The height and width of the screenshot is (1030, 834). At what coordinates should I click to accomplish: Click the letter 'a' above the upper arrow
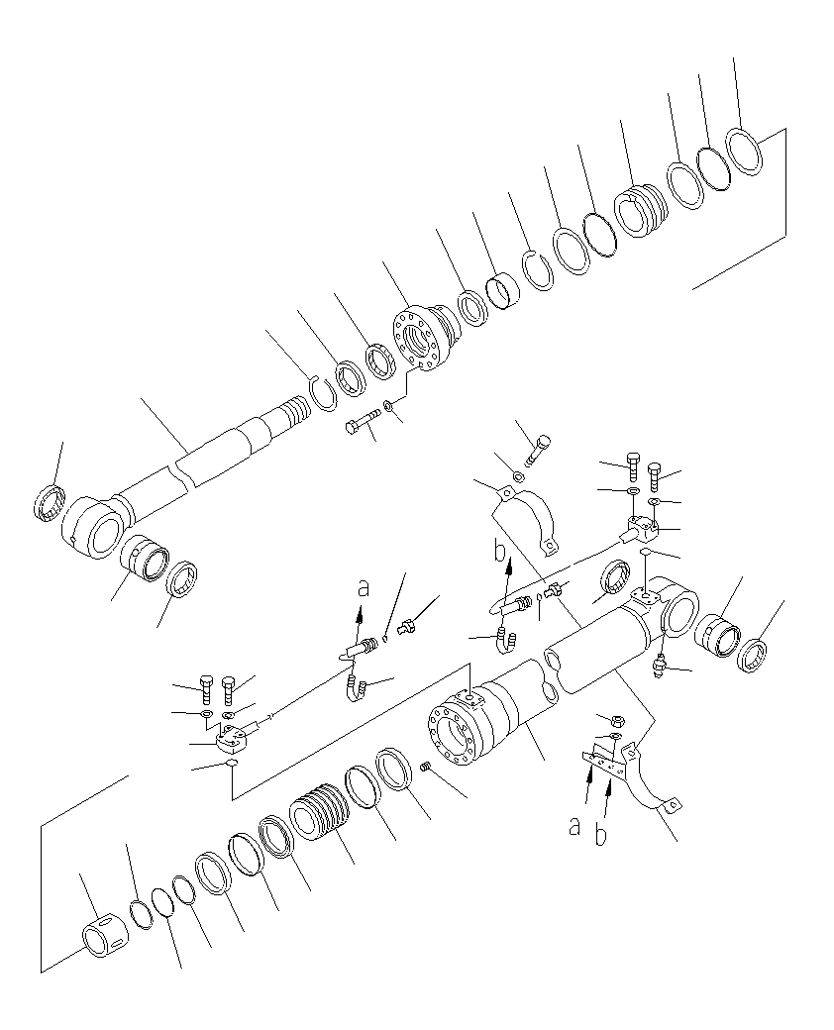pyautogui.click(x=363, y=588)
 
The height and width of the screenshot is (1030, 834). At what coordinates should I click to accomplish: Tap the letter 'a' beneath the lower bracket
pyautogui.click(x=574, y=826)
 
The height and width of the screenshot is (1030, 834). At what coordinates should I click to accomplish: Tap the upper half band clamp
pyautogui.click(x=526, y=514)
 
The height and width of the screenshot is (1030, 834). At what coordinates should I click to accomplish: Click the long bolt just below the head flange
pyautogui.click(x=364, y=425)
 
